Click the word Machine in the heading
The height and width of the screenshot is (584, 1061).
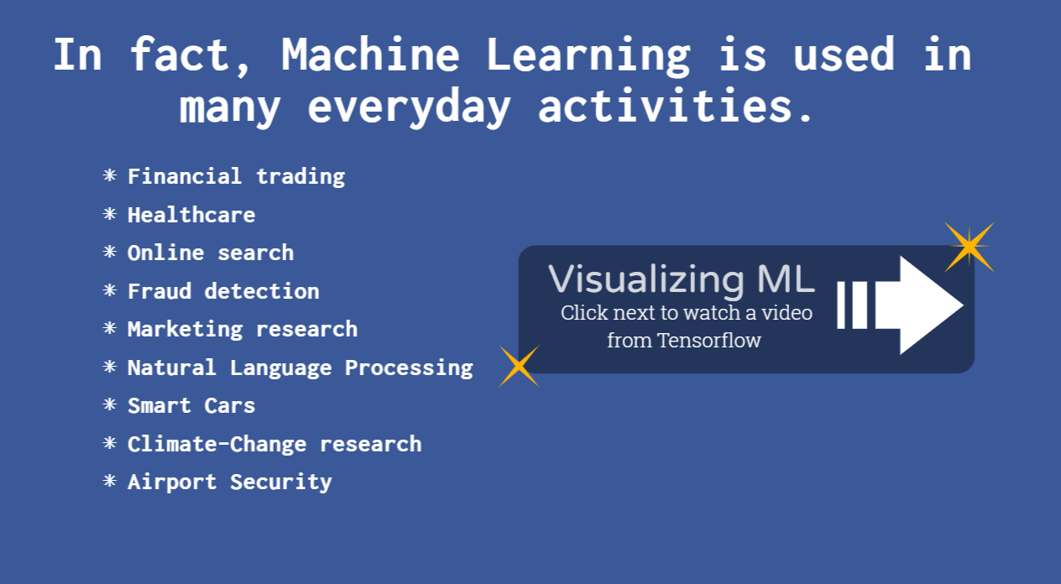370,55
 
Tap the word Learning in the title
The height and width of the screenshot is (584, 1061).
588,57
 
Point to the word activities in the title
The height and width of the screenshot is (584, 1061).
676,105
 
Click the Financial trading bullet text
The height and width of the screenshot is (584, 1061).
237,177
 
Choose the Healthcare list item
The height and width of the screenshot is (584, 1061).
191,215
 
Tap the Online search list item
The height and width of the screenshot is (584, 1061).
211,253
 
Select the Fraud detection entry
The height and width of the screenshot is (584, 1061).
223,291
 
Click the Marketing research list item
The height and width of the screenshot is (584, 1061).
243,330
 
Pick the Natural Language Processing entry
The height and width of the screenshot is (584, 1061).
301,368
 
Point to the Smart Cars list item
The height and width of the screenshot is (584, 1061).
191,405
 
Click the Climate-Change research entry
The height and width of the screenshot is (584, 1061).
274,444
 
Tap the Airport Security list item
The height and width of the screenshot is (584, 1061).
230,482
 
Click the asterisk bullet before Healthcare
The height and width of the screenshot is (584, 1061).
109,214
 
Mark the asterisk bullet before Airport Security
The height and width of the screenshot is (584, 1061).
109,482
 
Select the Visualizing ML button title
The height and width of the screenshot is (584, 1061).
681,280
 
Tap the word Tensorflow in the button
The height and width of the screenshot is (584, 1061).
709,340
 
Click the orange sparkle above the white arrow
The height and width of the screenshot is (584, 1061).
970,247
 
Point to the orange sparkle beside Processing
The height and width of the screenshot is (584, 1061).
519,366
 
